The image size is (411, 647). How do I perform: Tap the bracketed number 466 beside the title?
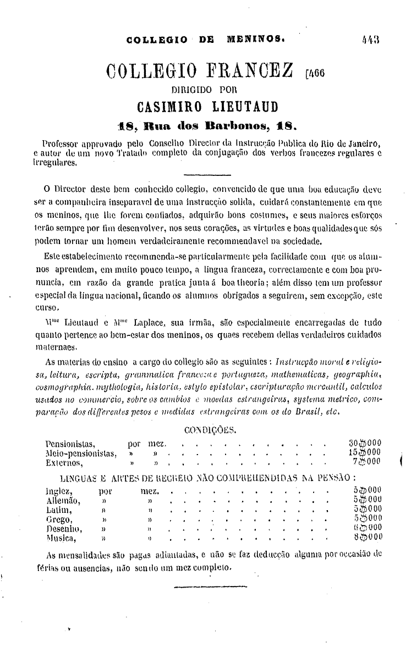tap(316, 75)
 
